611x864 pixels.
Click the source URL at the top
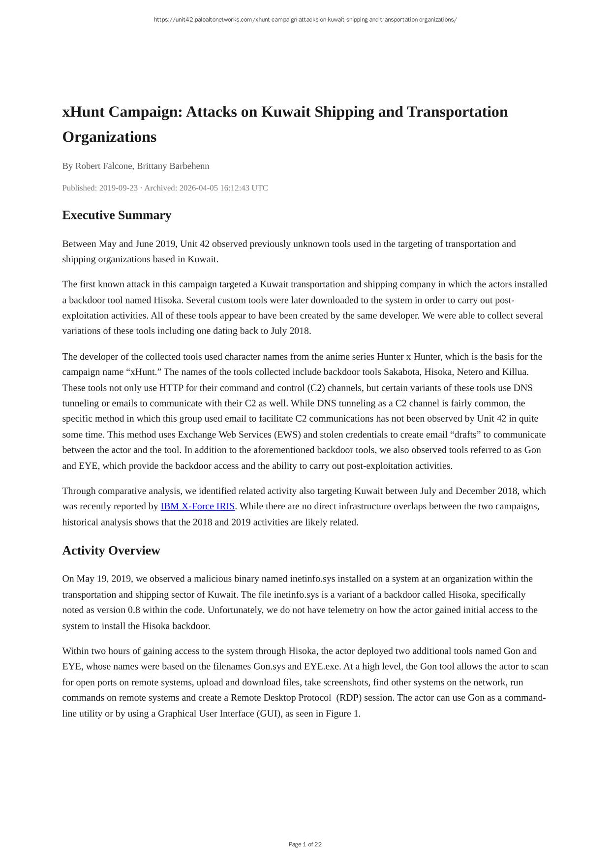pyautogui.click(x=305, y=20)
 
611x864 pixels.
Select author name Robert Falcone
pyautogui.click(x=104, y=166)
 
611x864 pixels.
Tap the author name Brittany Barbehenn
pyautogui.click(x=173, y=166)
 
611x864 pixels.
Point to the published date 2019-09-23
pyautogui.click(x=118, y=188)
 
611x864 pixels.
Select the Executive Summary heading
pyautogui.click(x=117, y=216)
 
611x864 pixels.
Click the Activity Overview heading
pyautogui.click(x=111, y=551)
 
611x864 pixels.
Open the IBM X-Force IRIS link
pyautogui.click(x=197, y=506)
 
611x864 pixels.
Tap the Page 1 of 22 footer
pyautogui.click(x=305, y=844)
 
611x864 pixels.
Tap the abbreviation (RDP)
pyautogui.click(x=349, y=698)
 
